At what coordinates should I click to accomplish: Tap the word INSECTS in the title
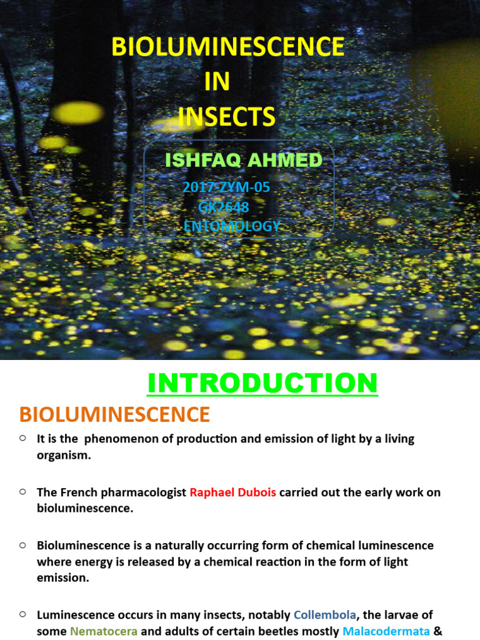(x=226, y=117)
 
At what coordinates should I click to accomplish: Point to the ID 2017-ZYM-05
(x=226, y=187)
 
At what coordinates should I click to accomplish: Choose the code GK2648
(x=224, y=207)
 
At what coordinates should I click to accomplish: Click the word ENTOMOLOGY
(x=232, y=226)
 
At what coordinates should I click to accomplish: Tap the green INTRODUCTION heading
(x=262, y=383)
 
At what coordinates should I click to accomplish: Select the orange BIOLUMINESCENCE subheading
(x=114, y=414)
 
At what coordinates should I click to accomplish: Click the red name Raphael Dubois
(x=232, y=492)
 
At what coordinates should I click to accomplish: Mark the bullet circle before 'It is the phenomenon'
(x=22, y=438)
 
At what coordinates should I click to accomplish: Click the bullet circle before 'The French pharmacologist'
(x=22, y=492)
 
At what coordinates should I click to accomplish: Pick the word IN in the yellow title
(x=217, y=82)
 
